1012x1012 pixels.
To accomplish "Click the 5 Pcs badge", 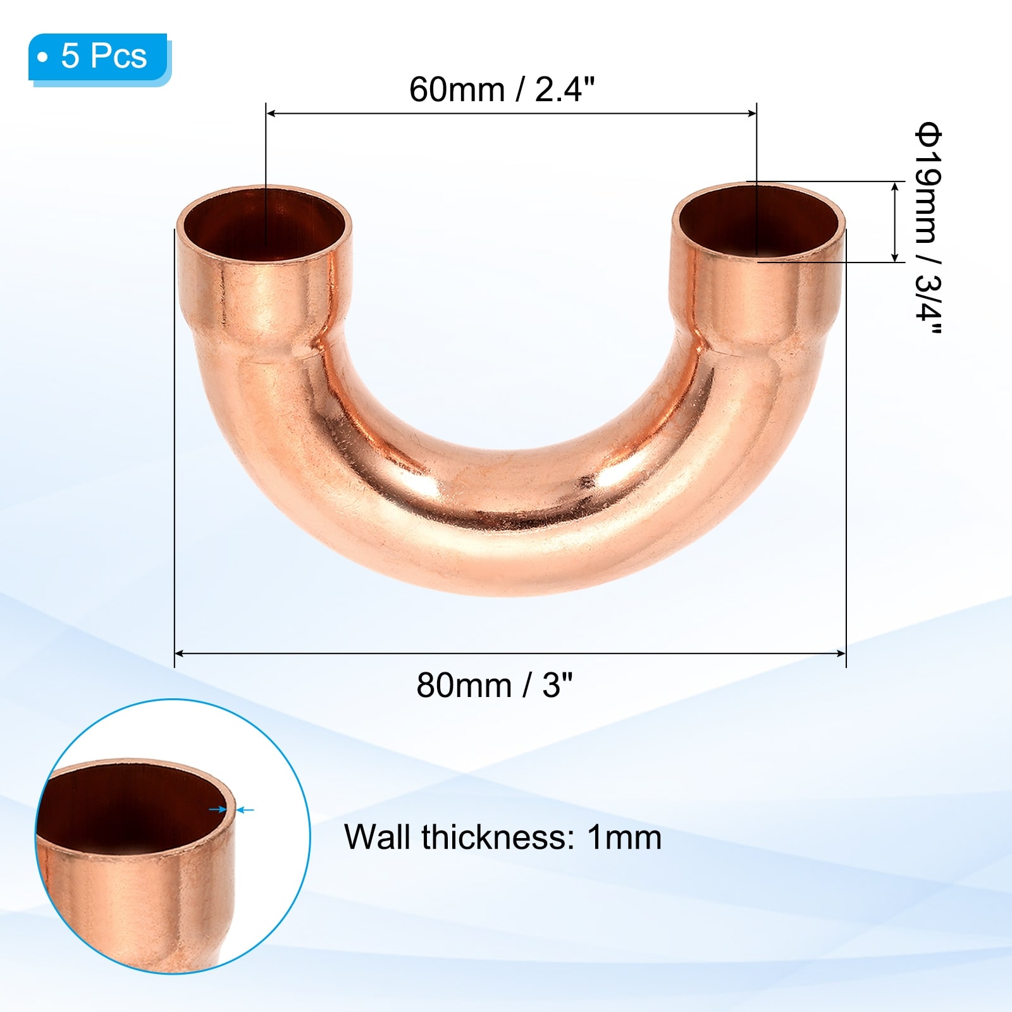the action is click(99, 57).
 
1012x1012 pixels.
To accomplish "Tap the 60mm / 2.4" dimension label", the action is click(502, 89).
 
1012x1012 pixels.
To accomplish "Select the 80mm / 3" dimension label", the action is click(495, 685).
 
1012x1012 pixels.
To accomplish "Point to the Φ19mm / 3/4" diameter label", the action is click(929, 230).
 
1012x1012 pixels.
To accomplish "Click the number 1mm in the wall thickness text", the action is click(624, 837).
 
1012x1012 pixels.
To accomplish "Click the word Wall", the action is click(379, 837).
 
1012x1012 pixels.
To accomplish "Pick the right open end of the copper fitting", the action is click(758, 221).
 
